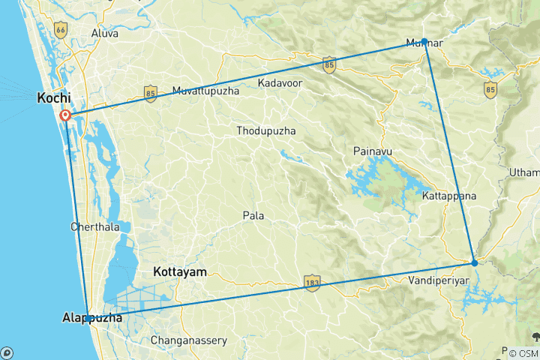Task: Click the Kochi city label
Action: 55,98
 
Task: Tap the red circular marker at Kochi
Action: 65,115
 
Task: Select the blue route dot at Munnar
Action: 424,41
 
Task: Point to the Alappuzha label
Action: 91,319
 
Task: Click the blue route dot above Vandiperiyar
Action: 474,262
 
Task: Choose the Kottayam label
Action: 179,271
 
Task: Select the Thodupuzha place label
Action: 265,130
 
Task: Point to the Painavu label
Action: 373,151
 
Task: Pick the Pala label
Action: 253,216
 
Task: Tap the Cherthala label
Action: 94,226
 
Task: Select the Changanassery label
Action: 189,340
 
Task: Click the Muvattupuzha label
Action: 205,91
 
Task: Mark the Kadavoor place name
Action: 280,82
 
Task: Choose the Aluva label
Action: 104,34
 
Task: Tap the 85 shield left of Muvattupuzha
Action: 150,95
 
